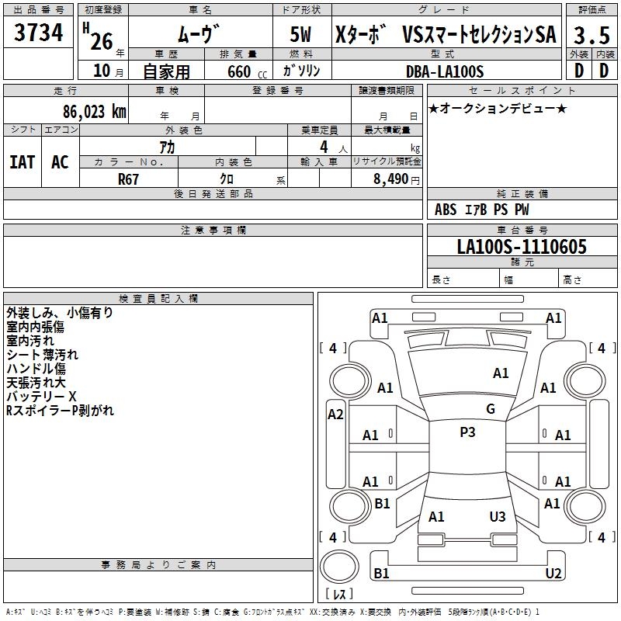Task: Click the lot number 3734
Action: tap(39, 33)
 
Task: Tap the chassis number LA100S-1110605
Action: tap(522, 247)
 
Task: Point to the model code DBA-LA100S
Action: tap(445, 71)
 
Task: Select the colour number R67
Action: tap(129, 178)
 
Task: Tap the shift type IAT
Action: tap(22, 161)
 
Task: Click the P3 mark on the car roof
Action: tap(467, 432)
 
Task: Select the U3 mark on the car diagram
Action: tap(498, 516)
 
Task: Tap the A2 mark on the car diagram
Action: tap(335, 415)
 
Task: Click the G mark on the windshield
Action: tap(491, 409)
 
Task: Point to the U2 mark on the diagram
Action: tap(553, 574)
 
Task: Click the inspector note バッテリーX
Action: tap(41, 397)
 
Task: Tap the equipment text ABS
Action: tap(446, 210)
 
